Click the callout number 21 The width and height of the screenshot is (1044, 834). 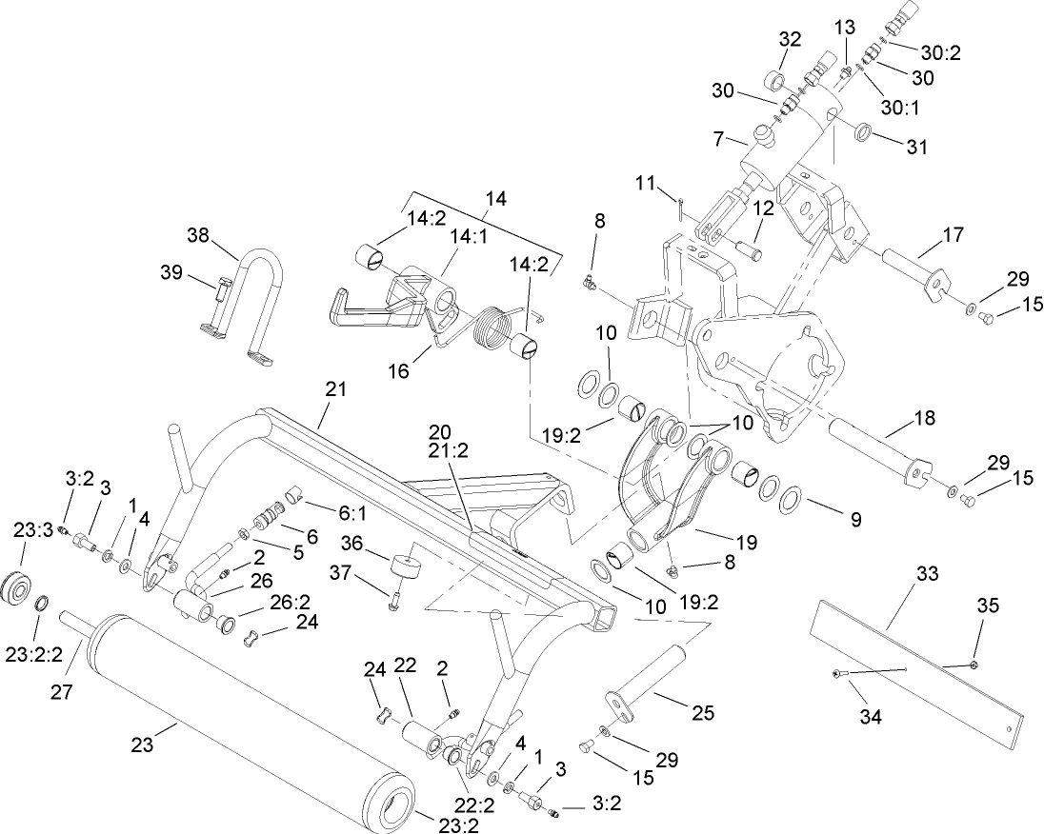tap(336, 389)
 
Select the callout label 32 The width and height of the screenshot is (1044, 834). tap(790, 39)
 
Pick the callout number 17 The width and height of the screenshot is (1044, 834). tap(954, 233)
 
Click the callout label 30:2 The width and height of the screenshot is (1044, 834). tap(941, 52)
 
